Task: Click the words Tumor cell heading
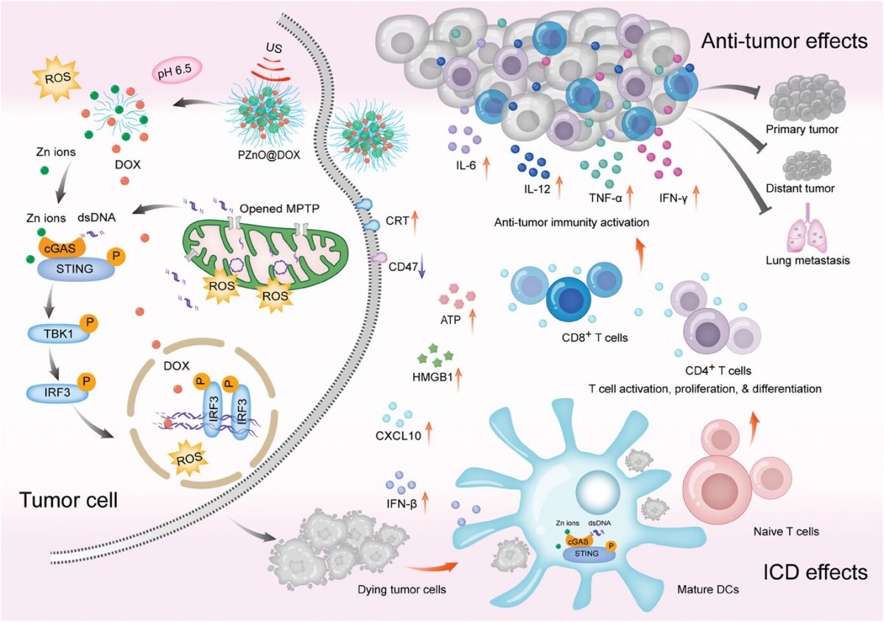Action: [x=69, y=499]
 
